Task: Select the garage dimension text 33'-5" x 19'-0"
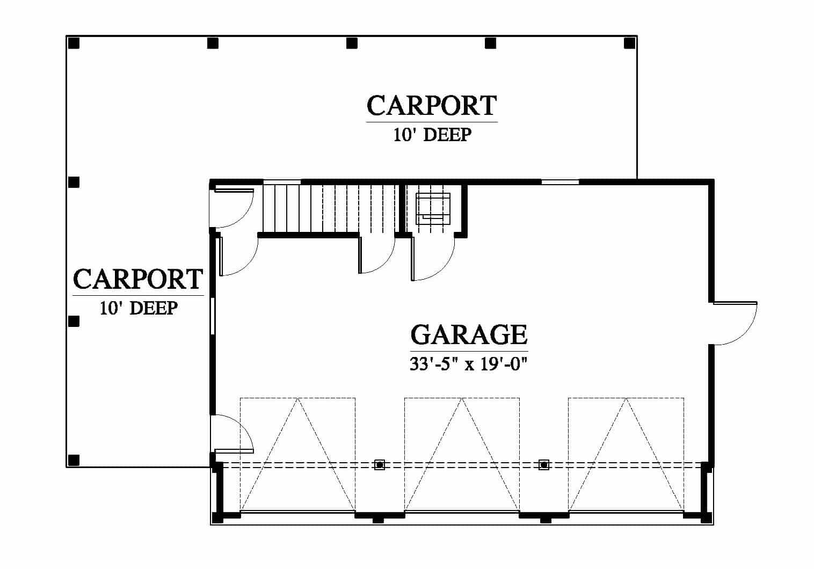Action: (x=468, y=364)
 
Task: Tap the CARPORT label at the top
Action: (x=432, y=105)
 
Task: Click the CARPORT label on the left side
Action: (x=138, y=279)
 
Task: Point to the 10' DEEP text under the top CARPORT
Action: (x=432, y=135)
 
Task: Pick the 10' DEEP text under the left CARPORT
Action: (x=139, y=308)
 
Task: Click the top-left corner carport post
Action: (x=74, y=43)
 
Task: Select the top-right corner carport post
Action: (x=629, y=43)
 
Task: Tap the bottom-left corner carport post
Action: (x=74, y=460)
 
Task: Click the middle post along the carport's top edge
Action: (x=352, y=43)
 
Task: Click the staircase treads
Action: (x=329, y=208)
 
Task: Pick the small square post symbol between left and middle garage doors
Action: (x=380, y=464)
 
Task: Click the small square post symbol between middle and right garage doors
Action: (x=543, y=464)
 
